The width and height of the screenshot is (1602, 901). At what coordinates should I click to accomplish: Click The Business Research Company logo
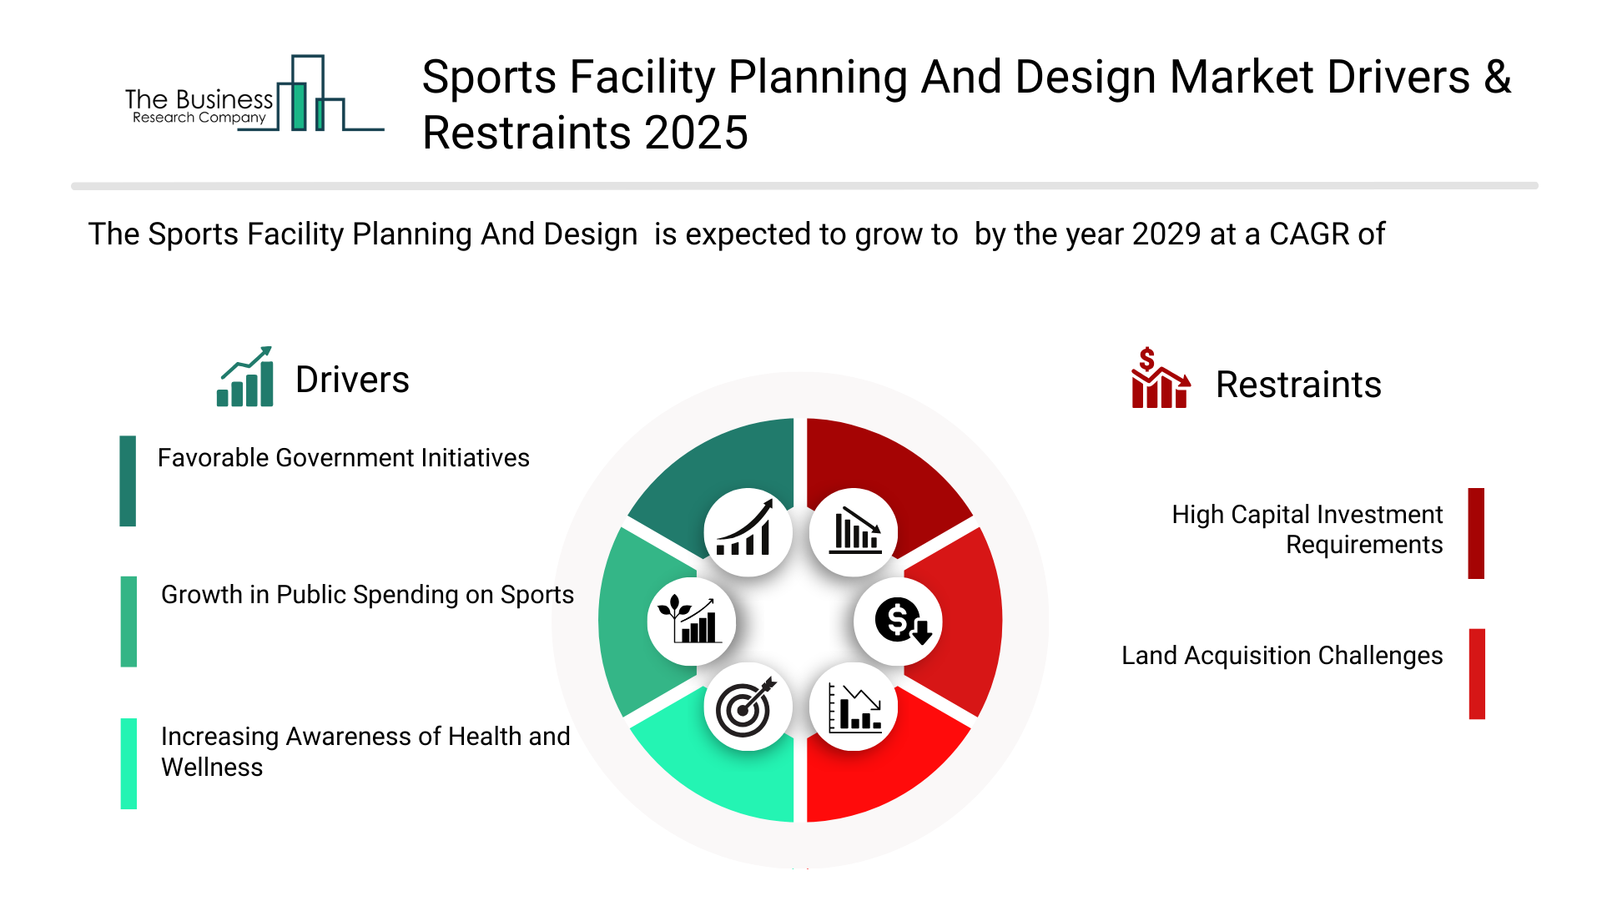(x=254, y=93)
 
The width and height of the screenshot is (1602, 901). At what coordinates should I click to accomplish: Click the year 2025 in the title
(x=696, y=133)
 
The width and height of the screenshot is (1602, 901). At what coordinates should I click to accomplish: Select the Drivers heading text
(x=352, y=380)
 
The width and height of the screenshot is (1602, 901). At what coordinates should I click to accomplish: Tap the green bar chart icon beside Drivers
(x=244, y=376)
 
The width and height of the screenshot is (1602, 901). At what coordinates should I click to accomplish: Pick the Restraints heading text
(x=1298, y=385)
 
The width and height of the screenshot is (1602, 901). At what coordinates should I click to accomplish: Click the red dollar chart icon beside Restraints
(x=1161, y=377)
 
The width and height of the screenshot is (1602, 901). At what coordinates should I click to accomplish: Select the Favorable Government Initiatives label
(x=343, y=458)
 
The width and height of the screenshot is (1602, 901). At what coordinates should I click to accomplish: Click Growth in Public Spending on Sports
(x=367, y=595)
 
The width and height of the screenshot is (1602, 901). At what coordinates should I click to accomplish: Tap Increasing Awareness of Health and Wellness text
(x=365, y=752)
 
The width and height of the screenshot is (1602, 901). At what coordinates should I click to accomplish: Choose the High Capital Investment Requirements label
(x=1307, y=529)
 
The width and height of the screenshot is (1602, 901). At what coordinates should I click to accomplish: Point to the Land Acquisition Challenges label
(x=1282, y=656)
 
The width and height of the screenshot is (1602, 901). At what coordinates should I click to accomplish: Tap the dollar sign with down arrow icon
(x=899, y=622)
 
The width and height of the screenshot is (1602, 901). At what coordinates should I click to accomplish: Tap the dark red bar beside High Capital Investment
(x=1476, y=533)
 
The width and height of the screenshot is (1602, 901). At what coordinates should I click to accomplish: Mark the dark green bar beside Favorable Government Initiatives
(x=128, y=481)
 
